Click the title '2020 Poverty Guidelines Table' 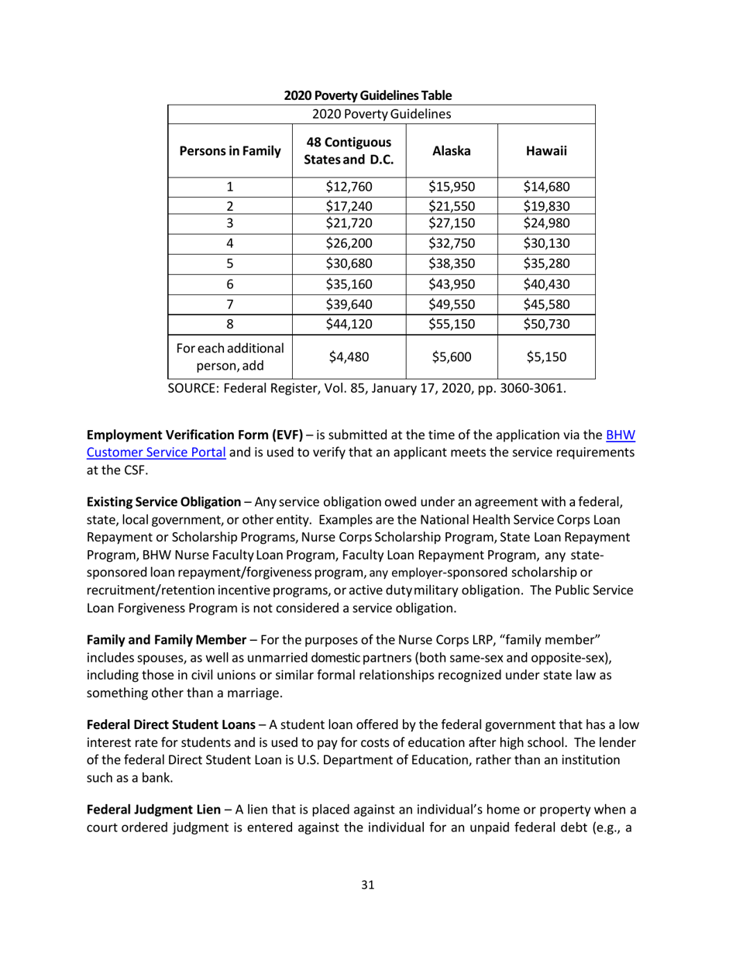pyautogui.click(x=368, y=95)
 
